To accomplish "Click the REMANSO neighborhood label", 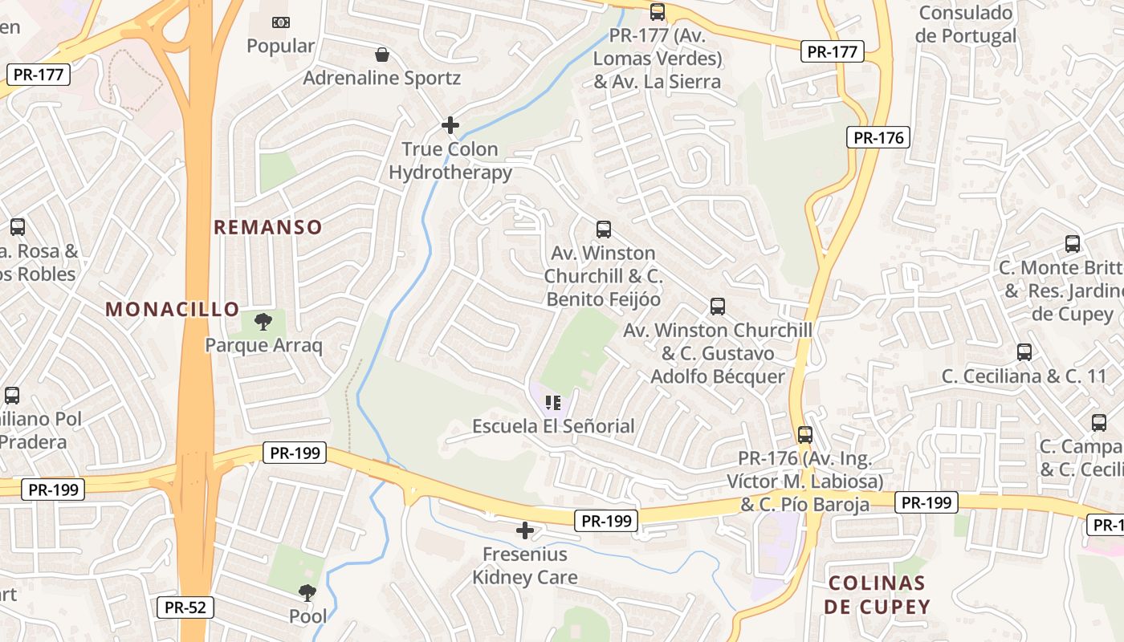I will point(268,227).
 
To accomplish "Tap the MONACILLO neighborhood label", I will point(173,309).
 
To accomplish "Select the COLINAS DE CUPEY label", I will point(877,595).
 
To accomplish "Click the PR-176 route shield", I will point(878,137).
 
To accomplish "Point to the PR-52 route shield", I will point(185,607).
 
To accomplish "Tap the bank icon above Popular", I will point(280,22).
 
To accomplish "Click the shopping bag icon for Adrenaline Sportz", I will point(382,55).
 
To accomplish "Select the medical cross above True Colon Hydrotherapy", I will point(450,125).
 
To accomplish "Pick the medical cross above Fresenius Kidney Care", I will point(525,530).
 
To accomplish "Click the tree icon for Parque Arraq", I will point(263,323).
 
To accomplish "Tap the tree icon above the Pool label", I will point(307,593).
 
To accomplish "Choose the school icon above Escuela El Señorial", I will point(552,402).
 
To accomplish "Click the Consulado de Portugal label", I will point(966,24).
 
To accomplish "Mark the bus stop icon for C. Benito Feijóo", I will point(604,230).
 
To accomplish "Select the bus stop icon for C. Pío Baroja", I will point(804,435).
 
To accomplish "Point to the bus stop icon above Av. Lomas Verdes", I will point(658,12).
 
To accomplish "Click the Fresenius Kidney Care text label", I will point(524,566).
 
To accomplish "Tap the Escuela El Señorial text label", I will point(553,426).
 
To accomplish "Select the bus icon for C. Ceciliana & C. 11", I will point(1024,351).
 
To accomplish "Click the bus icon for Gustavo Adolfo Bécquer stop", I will point(718,307).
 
